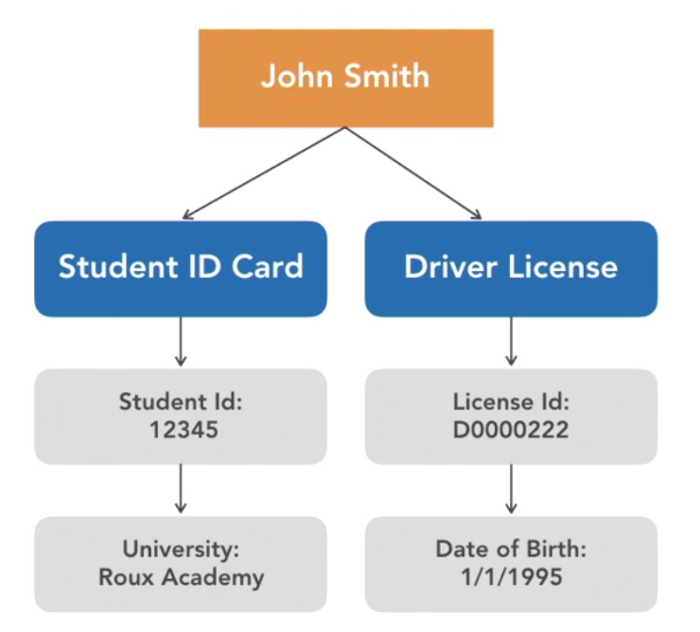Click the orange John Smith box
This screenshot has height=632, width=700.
345,78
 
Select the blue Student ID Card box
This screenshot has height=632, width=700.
180,268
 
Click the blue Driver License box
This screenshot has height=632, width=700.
511,268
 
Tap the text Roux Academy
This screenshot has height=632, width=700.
180,576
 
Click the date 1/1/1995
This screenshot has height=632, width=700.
511,576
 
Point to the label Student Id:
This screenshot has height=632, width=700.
180,402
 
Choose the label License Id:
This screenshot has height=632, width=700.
511,402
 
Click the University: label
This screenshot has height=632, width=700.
180,550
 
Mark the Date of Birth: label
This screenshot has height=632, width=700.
511,550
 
